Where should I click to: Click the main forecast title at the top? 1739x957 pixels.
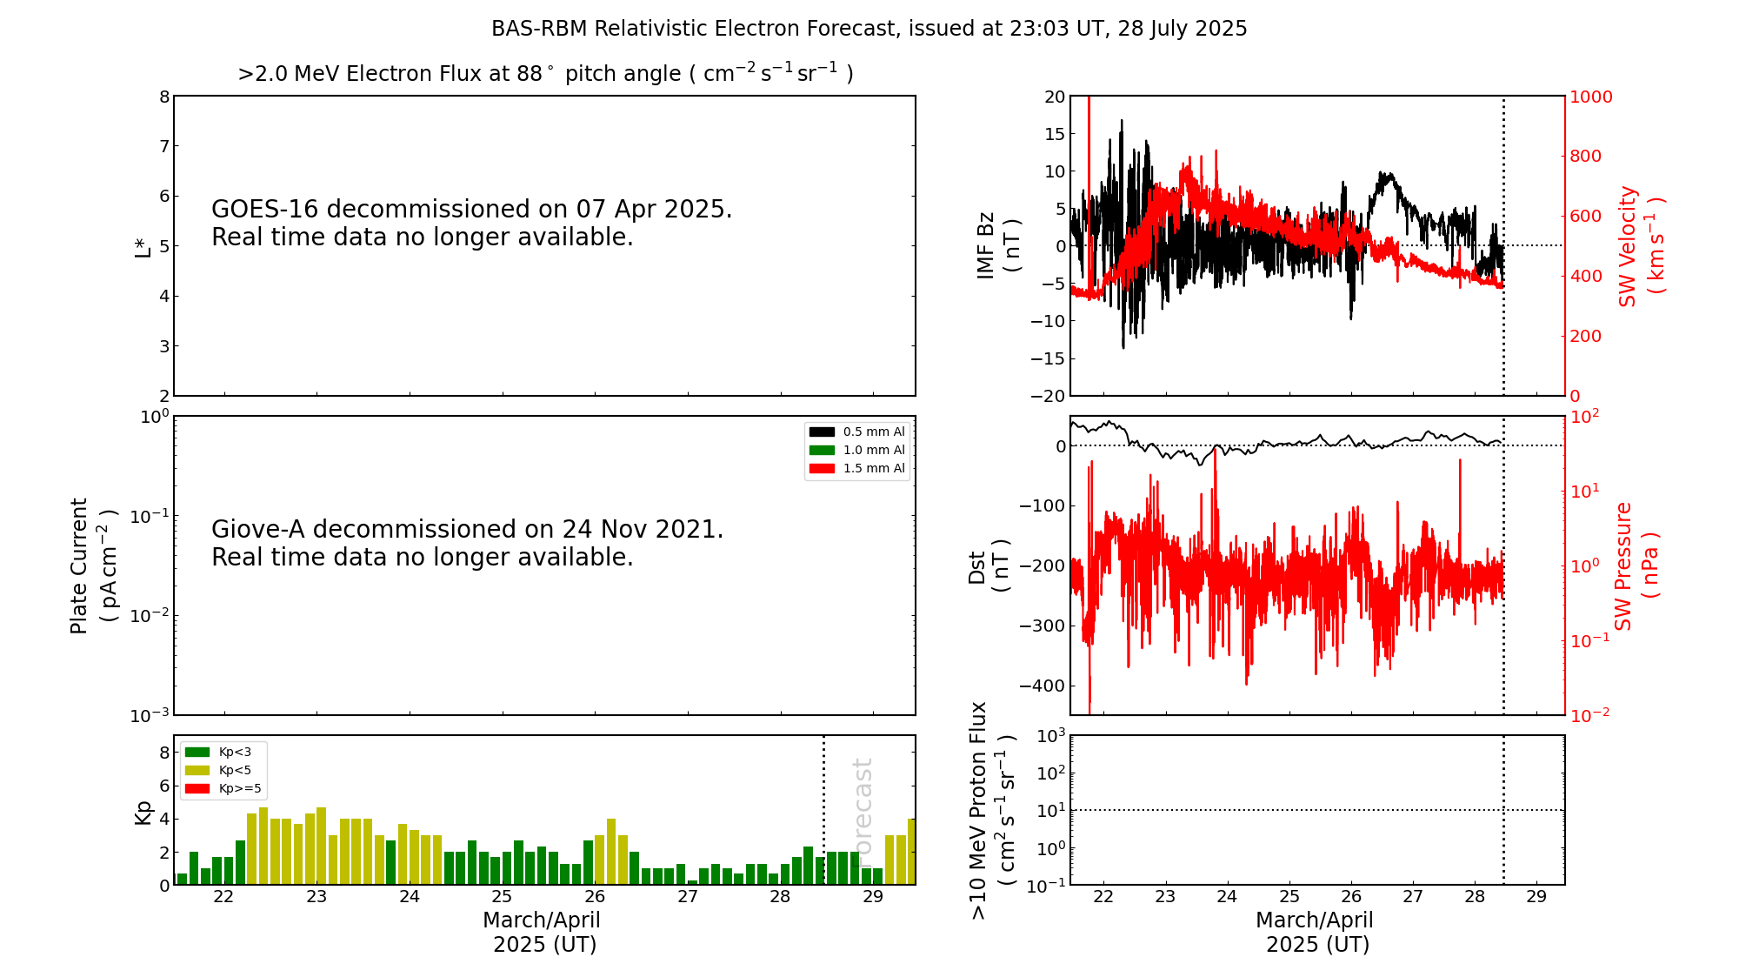(x=869, y=29)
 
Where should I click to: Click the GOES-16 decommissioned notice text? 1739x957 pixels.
(x=471, y=223)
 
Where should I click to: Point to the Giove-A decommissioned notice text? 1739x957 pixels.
(x=467, y=543)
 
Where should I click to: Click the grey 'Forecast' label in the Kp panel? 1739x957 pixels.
(x=863, y=809)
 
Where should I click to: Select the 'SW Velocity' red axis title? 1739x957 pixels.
(x=1640, y=245)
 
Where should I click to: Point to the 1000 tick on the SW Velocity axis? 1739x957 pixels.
(x=1590, y=97)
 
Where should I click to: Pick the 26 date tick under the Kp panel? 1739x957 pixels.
(x=595, y=897)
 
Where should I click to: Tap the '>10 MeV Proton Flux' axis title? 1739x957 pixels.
(x=991, y=810)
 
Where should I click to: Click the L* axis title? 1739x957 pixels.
(x=143, y=246)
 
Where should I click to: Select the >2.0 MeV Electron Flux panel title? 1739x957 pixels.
(x=545, y=74)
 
